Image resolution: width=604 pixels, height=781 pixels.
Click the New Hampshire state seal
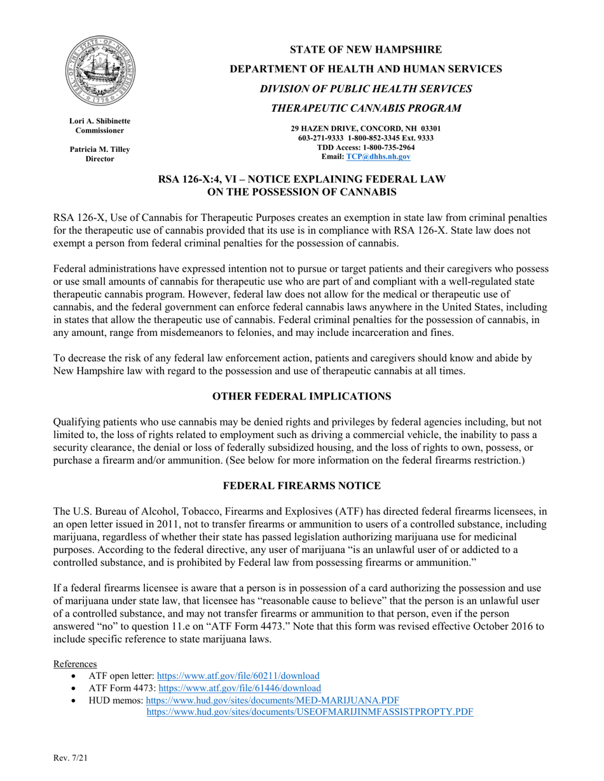(x=100, y=70)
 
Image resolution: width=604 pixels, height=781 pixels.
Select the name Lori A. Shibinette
(x=100, y=121)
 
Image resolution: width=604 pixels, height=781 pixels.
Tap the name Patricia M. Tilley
(x=100, y=149)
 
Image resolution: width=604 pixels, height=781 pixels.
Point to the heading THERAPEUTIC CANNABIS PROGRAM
(x=366, y=108)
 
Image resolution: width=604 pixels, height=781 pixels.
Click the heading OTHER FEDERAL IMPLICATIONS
(x=302, y=396)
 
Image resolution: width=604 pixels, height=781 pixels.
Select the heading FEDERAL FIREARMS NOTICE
(x=302, y=486)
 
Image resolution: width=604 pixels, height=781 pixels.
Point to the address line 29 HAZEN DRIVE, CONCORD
(x=366, y=128)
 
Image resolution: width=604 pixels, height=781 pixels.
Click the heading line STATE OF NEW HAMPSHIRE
(x=366, y=50)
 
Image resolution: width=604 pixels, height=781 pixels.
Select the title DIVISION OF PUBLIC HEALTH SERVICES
(x=366, y=88)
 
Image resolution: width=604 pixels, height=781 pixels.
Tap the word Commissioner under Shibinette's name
(x=100, y=130)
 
